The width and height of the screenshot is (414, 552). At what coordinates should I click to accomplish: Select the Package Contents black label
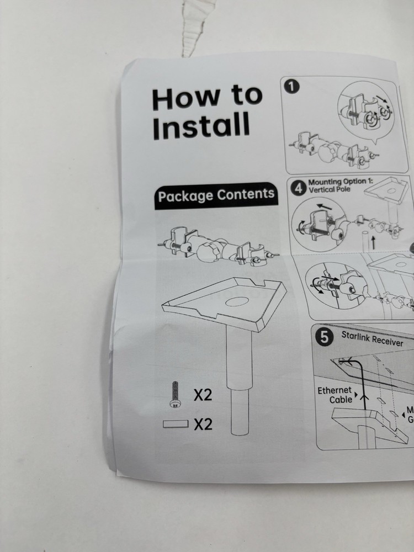click(216, 195)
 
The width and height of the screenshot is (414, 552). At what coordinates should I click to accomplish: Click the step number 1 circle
click(292, 86)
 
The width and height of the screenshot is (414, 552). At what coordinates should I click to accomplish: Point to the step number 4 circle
click(298, 189)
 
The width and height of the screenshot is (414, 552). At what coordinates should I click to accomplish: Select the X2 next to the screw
click(203, 395)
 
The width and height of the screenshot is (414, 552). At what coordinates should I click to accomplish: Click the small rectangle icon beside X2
click(176, 424)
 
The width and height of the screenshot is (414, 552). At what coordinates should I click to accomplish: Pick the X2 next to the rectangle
click(203, 424)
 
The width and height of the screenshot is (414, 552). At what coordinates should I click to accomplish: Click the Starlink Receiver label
click(372, 338)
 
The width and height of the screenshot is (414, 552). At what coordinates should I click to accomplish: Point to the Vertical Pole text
click(330, 189)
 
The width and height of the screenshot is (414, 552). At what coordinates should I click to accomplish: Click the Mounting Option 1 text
click(341, 182)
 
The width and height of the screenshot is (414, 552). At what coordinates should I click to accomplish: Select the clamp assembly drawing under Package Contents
click(218, 245)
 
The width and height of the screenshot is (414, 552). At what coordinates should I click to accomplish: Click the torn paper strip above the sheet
click(197, 26)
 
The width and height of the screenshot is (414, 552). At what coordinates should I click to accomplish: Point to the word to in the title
click(247, 95)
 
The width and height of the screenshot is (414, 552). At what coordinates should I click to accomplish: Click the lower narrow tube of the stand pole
click(240, 410)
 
